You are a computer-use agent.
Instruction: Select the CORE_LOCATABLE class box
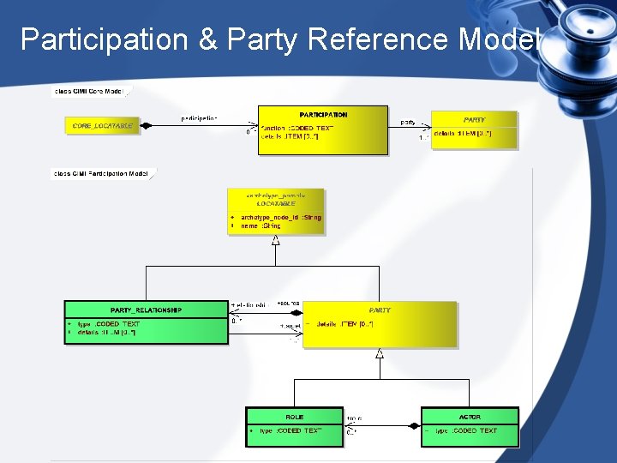pyautogui.click(x=102, y=126)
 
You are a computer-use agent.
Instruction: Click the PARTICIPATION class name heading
pyautogui.click(x=323, y=114)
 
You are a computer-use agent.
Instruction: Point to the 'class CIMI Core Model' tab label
pyautogui.click(x=89, y=91)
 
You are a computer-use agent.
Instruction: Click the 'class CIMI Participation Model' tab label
pyautogui.click(x=101, y=173)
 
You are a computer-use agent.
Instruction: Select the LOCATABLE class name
pyautogui.click(x=276, y=204)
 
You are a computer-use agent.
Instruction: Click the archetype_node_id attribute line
pyautogui.click(x=280, y=218)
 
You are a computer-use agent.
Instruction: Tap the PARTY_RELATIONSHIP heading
pyautogui.click(x=146, y=310)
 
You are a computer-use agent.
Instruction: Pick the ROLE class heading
pyautogui.click(x=294, y=417)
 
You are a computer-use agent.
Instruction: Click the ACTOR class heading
pyautogui.click(x=470, y=417)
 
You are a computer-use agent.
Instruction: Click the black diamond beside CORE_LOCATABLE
pyautogui.click(x=146, y=126)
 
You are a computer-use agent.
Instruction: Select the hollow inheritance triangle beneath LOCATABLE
pyautogui.click(x=275, y=239)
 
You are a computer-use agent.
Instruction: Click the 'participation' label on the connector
pyautogui.click(x=199, y=117)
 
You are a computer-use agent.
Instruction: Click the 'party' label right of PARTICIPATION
pyautogui.click(x=408, y=123)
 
